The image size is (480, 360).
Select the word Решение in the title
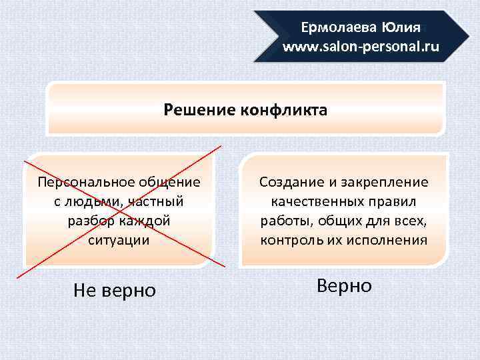(x=198, y=109)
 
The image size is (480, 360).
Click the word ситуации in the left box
(x=119, y=239)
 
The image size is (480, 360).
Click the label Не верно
(x=114, y=290)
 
